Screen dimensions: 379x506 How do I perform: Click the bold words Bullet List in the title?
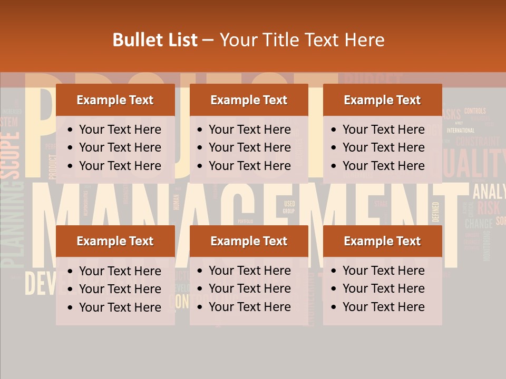point(155,40)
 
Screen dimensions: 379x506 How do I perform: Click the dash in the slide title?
point(208,41)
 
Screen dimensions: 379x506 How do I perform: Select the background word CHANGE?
point(479,223)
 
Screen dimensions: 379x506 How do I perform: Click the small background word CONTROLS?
point(475,111)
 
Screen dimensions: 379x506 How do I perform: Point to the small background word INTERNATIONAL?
point(460,130)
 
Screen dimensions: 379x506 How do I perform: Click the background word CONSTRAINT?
point(477,141)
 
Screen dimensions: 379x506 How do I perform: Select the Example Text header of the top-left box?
point(115,100)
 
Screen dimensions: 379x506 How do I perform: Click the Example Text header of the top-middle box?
point(249,100)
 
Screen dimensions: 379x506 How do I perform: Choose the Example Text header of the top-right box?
point(382,100)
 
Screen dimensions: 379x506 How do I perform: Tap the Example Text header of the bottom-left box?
point(115,241)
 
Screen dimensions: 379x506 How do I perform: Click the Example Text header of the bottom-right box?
point(382,241)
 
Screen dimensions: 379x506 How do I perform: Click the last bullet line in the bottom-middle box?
point(249,307)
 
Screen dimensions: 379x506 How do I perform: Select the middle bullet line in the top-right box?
point(383,147)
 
